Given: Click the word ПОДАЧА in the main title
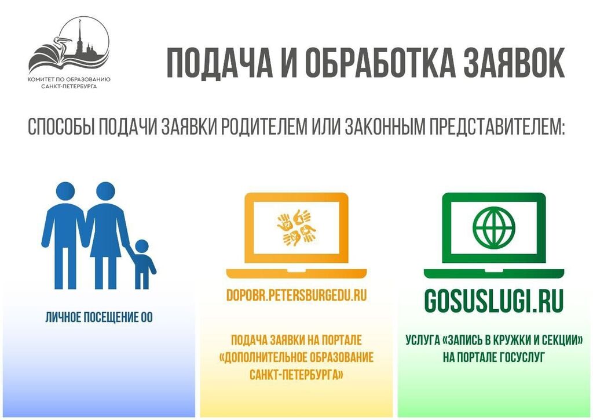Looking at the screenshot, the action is pyautogui.click(x=219, y=63).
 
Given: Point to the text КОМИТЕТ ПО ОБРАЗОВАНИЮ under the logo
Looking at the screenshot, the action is pyautogui.click(x=69, y=79).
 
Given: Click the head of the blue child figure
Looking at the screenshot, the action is pyautogui.click(x=142, y=247).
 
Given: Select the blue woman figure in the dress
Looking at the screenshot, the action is pyautogui.click(x=106, y=236).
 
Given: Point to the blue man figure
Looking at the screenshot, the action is pyautogui.click(x=64, y=236).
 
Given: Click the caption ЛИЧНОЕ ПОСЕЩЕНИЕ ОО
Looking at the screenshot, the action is pyautogui.click(x=99, y=317).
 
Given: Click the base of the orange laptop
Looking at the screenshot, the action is pyautogui.click(x=296, y=274).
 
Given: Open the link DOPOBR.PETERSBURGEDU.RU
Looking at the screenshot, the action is pyautogui.click(x=296, y=295).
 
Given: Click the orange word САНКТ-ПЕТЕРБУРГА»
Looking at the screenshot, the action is pyautogui.click(x=296, y=375).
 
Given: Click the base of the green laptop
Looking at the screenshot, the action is pyautogui.click(x=494, y=274).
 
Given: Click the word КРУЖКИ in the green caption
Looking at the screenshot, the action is pyautogui.click(x=508, y=340).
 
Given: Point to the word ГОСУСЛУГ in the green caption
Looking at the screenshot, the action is pyautogui.click(x=522, y=357).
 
